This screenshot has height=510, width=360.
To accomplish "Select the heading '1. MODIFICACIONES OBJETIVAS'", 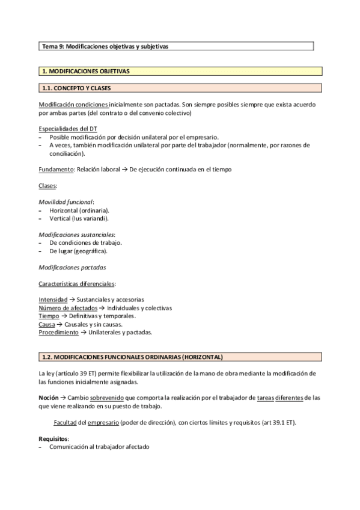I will click(85, 72).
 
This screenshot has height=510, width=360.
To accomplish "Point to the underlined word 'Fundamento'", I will click(56, 170).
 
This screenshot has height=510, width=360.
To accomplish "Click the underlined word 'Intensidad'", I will click(52, 300).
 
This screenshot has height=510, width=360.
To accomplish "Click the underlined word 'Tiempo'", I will click(49, 316).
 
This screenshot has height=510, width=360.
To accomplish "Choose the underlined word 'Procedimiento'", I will click(58, 332).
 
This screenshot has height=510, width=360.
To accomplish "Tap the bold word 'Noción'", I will click(49, 398).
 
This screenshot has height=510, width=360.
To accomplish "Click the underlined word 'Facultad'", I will click(66, 423).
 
